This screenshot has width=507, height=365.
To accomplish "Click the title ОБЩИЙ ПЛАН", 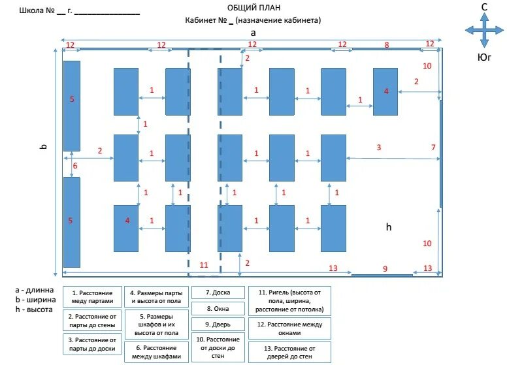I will point(253,8).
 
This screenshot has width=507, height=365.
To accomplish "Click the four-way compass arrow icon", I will point(484,30).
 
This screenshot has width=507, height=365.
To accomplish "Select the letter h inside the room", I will point(388,227).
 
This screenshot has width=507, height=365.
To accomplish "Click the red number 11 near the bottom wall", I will point(203,264).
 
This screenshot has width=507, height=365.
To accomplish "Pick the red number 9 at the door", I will point(385,268).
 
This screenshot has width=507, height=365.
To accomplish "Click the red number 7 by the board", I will point(433,148).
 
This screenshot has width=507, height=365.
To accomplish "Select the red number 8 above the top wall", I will point(386,44).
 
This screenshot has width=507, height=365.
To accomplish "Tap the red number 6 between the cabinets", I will point(74,166).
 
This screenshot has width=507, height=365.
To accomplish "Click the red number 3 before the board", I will point(378,148).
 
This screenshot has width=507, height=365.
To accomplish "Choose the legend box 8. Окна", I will point(218,308).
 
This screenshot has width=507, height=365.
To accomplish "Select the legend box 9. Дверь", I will point(218,324).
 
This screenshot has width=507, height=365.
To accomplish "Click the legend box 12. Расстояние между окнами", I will point(289,328).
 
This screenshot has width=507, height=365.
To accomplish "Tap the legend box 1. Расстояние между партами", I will point(93,296).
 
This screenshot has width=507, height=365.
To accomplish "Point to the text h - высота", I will point(34,309).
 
